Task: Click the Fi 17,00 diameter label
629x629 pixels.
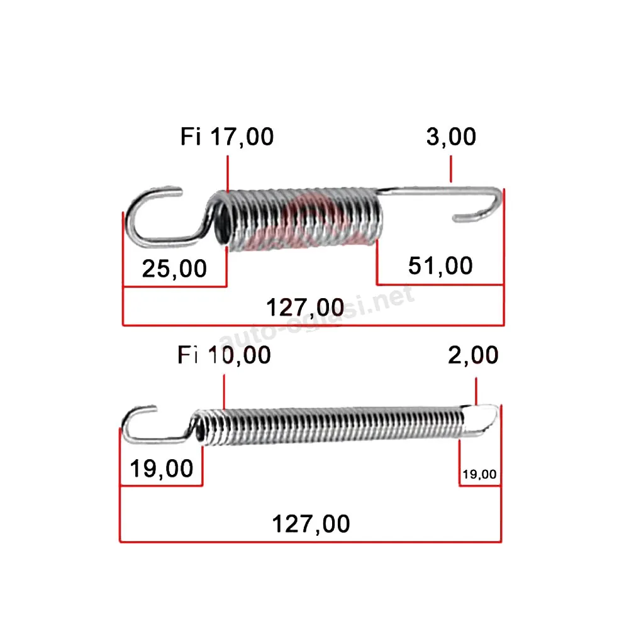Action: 227,136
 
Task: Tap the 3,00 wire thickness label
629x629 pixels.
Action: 451,136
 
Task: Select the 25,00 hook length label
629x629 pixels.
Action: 174,269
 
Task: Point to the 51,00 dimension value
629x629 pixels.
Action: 440,266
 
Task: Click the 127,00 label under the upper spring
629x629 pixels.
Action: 305,308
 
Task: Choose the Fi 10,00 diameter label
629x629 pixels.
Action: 225,355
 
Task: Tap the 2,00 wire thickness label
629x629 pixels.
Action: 473,355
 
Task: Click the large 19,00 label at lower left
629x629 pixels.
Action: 162,468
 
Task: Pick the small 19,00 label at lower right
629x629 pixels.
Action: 479,474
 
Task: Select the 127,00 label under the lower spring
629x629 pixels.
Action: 311,524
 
